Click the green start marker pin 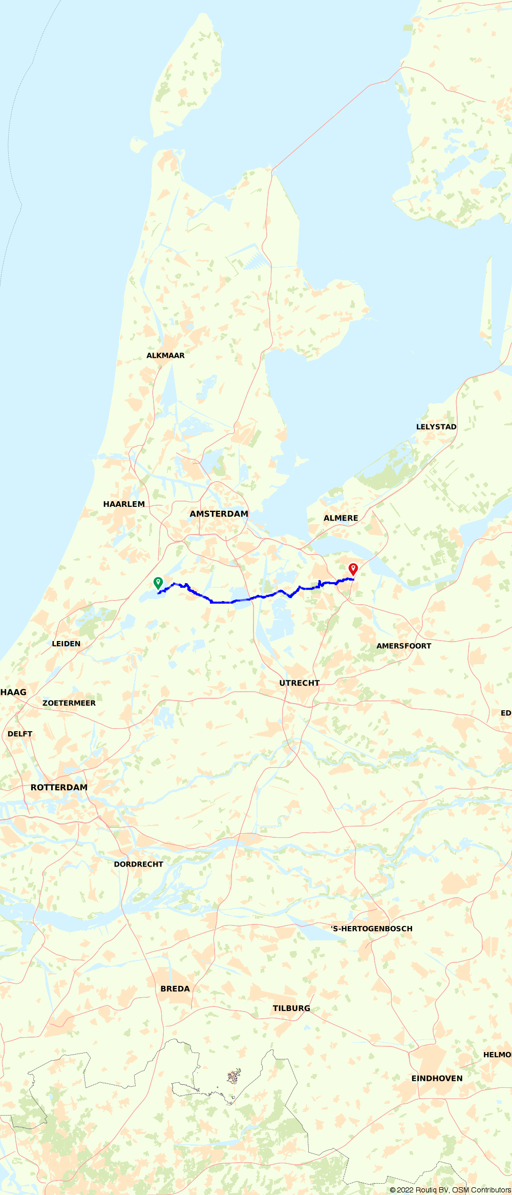[158, 583]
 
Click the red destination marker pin [353, 569]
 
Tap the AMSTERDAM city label [219, 514]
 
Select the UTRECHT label [299, 683]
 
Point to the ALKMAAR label [165, 356]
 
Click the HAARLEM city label [124, 504]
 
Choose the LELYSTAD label [436, 427]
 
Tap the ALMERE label [340, 518]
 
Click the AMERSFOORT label [403, 646]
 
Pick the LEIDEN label [66, 644]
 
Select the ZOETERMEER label [69, 703]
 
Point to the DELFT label [20, 734]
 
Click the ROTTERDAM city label [59, 788]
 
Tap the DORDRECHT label [138, 864]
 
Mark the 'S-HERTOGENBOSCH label [372, 929]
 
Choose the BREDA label [175, 989]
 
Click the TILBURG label [291, 1008]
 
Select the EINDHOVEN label [437, 1079]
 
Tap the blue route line [220, 602]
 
